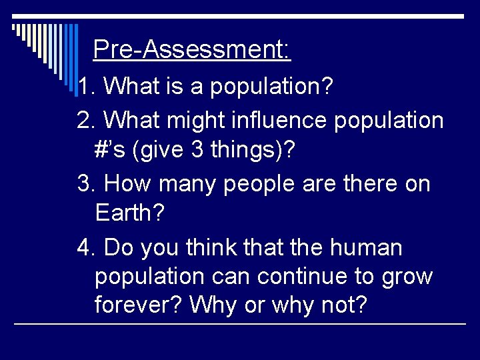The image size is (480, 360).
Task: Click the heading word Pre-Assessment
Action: (191, 49)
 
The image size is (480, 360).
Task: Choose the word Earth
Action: (129, 213)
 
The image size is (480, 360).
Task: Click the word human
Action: (366, 248)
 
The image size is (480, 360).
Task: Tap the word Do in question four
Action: (119, 248)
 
